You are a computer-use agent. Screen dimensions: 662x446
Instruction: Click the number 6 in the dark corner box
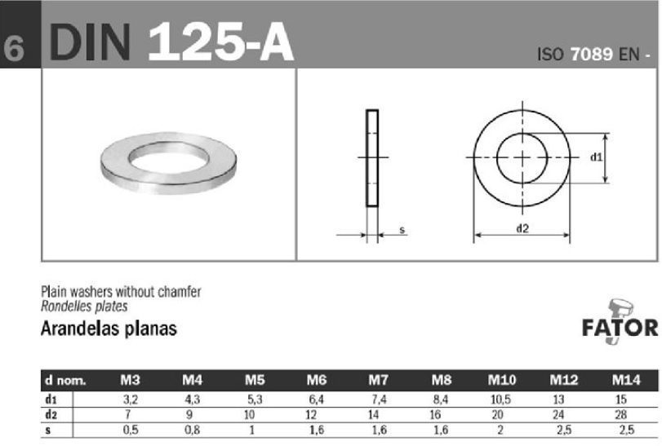coord(14,47)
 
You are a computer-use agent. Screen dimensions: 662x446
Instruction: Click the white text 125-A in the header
coord(220,42)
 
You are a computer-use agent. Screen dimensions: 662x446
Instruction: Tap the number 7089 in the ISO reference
coord(591,54)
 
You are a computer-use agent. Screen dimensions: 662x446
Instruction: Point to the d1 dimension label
coord(596,157)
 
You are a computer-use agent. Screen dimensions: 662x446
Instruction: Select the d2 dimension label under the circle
coord(522,228)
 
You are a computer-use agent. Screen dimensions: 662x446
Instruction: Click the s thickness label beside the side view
coord(402,230)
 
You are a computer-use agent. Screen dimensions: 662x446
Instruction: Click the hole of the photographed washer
coord(168,157)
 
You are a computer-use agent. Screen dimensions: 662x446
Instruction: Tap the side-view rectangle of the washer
coord(372,158)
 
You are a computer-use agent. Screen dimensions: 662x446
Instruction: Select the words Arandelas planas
coord(109,329)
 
